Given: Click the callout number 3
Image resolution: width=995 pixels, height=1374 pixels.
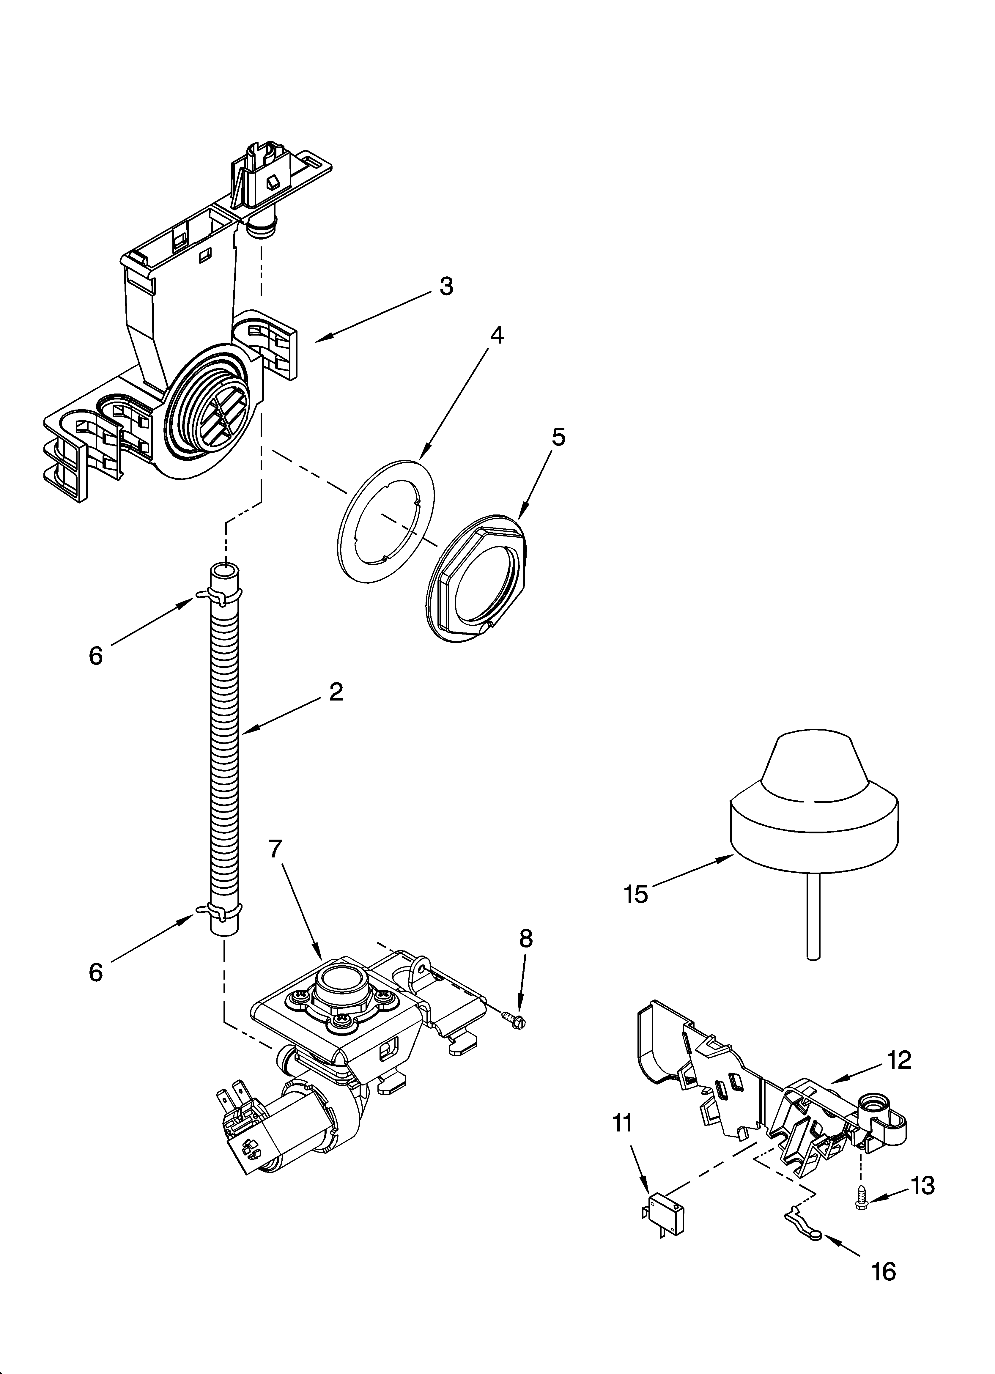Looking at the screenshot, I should pyautogui.click(x=446, y=286).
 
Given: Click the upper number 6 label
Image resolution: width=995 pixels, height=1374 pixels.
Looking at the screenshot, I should pyautogui.click(x=96, y=656).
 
